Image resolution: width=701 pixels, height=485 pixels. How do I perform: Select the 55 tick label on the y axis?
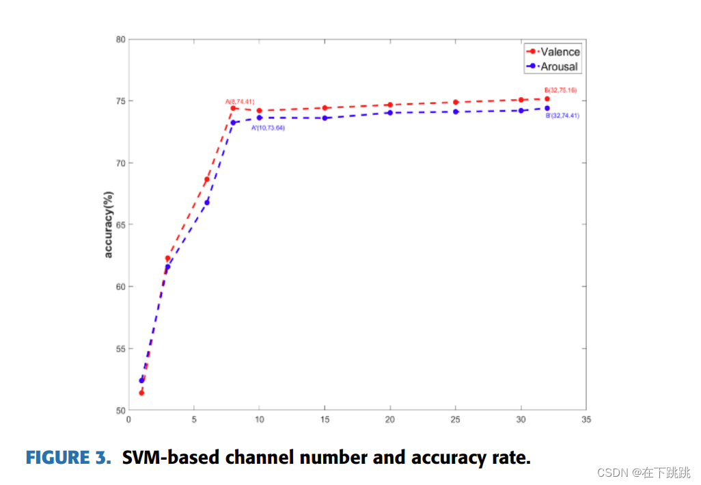[x=120, y=349]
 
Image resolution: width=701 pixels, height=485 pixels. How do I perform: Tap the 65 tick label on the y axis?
[x=120, y=225]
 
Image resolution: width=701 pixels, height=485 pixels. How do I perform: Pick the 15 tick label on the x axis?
[x=325, y=420]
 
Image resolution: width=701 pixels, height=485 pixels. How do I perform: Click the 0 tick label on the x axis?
[x=128, y=420]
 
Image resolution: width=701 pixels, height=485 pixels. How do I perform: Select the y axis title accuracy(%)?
[x=107, y=225]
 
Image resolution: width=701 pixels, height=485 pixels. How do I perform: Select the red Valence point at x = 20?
[x=389, y=105]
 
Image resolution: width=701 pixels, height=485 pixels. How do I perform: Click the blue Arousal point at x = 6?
[x=207, y=202]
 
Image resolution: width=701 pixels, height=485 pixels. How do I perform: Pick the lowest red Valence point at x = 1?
[x=141, y=393]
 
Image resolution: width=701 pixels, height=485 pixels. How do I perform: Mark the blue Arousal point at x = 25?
[x=455, y=112]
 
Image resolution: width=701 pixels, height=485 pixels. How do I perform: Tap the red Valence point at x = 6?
[x=207, y=179]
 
